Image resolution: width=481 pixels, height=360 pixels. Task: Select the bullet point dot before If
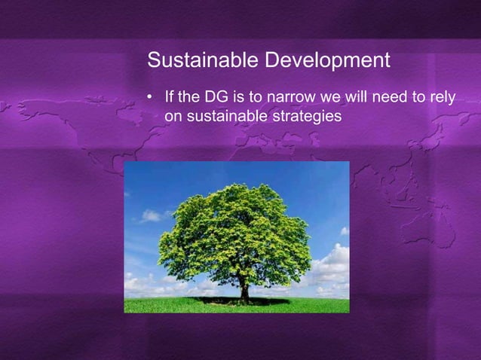point(151,98)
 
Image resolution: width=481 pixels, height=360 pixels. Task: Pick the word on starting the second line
point(172,117)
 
